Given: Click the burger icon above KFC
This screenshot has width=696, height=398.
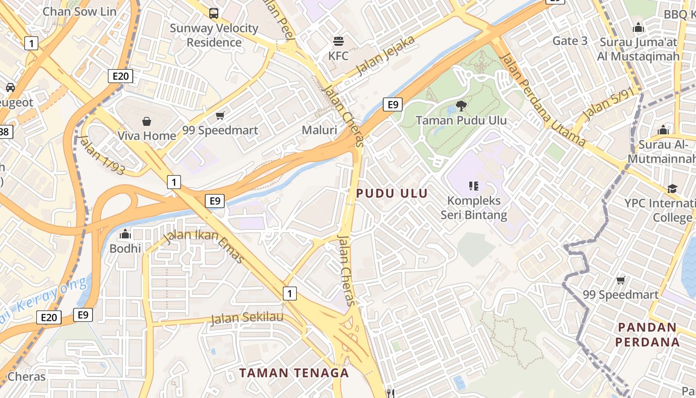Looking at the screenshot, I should (x=339, y=41).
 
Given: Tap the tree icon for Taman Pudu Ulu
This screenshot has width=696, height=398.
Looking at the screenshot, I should (x=461, y=105).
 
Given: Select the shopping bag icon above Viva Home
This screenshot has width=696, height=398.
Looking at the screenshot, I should (x=147, y=121).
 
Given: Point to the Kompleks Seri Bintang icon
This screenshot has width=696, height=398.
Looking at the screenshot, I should (x=473, y=186).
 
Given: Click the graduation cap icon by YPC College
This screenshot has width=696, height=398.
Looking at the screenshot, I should (x=672, y=189).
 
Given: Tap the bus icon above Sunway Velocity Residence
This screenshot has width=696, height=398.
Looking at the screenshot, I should (x=214, y=13).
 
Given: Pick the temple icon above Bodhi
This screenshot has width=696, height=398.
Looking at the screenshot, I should (x=125, y=233).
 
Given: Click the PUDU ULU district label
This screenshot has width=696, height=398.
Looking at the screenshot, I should (x=392, y=193).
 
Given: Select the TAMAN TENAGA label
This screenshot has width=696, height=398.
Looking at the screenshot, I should (x=294, y=373).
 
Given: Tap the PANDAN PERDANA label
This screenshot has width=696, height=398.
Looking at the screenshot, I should (x=647, y=335).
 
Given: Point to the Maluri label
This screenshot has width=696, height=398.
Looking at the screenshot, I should (x=319, y=130).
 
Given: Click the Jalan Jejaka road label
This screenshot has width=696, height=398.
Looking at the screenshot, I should (x=385, y=55).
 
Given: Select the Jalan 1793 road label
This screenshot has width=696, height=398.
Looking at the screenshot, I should (x=101, y=155).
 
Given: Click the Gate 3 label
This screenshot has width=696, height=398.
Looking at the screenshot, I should (x=570, y=41).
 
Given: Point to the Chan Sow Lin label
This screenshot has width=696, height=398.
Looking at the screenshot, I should (x=80, y=11).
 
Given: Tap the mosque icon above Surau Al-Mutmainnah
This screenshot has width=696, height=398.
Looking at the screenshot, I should (x=663, y=130).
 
